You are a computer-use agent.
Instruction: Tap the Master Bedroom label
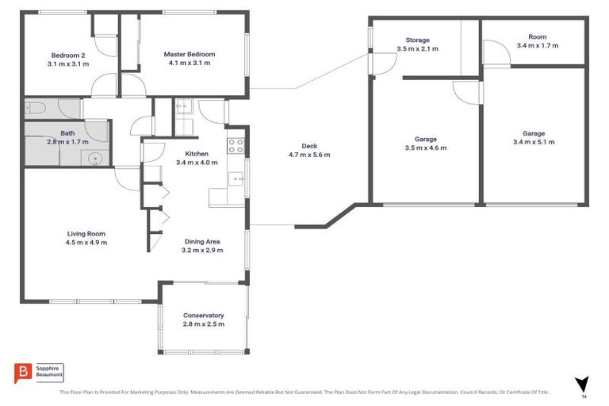190,54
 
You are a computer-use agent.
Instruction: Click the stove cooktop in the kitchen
236,145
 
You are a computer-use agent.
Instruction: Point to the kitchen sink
236,180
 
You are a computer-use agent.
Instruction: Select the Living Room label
86,233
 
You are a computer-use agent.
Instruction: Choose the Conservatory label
203,315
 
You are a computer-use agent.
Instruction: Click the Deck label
309,145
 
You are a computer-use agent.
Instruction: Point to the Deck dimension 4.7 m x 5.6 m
309,155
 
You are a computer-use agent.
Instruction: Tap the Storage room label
417,40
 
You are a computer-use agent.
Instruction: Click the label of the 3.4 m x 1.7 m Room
537,36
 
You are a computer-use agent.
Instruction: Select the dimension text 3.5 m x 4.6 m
426,147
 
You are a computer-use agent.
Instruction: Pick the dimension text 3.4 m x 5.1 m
534,143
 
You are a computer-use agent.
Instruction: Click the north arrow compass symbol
582,384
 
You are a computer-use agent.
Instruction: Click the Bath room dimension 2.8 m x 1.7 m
67,142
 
